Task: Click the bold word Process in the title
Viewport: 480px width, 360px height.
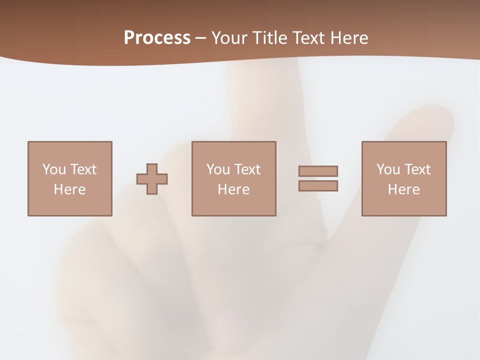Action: pyautogui.click(x=157, y=37)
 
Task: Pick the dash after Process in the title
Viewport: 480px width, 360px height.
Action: pyautogui.click(x=200, y=38)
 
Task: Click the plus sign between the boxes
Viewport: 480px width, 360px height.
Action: pyautogui.click(x=152, y=179)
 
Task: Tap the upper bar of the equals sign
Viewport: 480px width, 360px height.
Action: pyautogui.click(x=318, y=171)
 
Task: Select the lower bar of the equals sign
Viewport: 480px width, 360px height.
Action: pyautogui.click(x=318, y=186)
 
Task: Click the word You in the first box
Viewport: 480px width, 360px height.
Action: pyautogui.click(x=54, y=169)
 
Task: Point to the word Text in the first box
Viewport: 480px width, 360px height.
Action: pyautogui.click(x=83, y=169)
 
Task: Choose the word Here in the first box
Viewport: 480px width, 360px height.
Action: pyautogui.click(x=69, y=189)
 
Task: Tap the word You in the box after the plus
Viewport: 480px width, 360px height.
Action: pyautogui.click(x=218, y=169)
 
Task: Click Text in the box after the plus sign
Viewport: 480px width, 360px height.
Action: pyautogui.click(x=247, y=169)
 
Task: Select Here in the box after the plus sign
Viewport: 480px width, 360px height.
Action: pyautogui.click(x=233, y=189)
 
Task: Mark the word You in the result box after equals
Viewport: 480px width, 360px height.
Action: pyautogui.click(x=388, y=169)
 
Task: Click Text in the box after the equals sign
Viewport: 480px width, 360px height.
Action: pyautogui.click(x=417, y=169)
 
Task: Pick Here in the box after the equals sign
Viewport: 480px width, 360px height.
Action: pyautogui.click(x=403, y=189)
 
